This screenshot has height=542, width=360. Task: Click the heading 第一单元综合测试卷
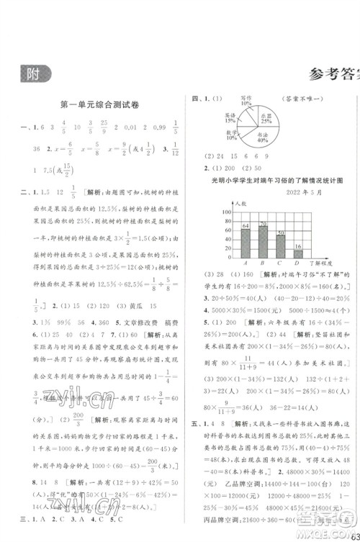(x=102, y=106)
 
